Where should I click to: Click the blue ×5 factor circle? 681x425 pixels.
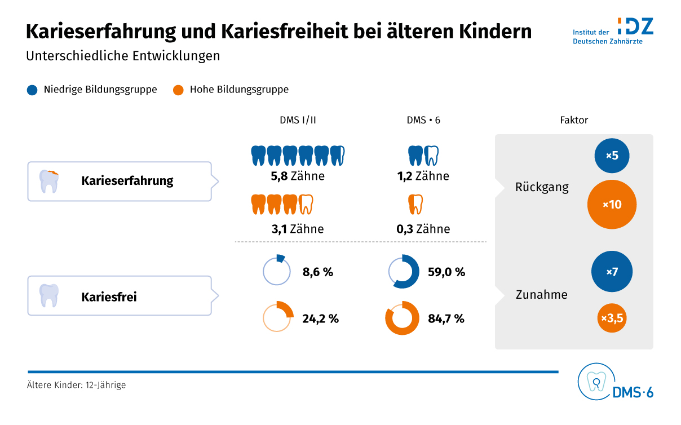[x=612, y=155]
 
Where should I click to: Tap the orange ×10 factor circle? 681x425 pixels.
[x=612, y=205]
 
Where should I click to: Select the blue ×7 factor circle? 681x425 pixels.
[x=612, y=272]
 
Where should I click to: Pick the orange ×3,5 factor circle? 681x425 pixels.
[x=612, y=318]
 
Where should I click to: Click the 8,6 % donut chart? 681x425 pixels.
[x=277, y=272]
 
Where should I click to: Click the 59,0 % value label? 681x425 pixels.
[x=446, y=272]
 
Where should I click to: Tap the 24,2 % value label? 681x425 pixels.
[x=320, y=318]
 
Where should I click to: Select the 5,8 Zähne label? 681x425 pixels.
[x=298, y=176]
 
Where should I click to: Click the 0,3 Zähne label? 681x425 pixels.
[x=423, y=229]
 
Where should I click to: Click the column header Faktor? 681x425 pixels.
[x=574, y=120]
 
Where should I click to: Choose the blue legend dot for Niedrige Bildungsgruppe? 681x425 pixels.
[x=32, y=90]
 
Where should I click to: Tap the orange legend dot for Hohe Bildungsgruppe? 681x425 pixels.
[x=178, y=90]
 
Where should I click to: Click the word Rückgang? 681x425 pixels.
[x=542, y=187]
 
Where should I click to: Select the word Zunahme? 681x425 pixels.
[x=542, y=294]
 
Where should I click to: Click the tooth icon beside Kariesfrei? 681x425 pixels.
[x=49, y=295]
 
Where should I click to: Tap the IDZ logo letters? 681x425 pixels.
[x=635, y=26]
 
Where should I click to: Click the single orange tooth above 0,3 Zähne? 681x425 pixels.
[x=415, y=204]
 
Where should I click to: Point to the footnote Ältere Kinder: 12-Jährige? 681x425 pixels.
[x=76, y=386]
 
